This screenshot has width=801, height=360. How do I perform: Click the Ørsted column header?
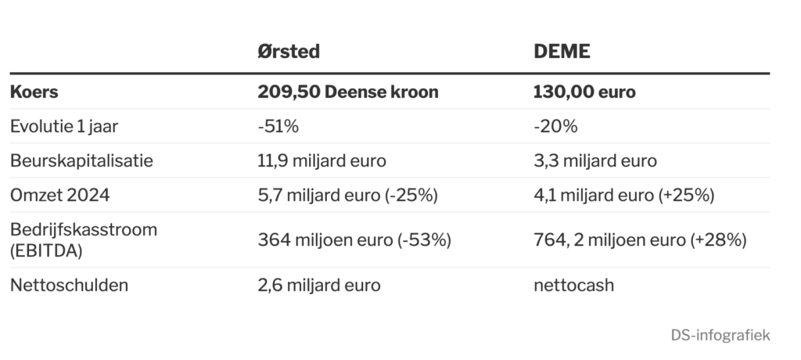point(289,52)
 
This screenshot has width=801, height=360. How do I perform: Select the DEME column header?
point(562,52)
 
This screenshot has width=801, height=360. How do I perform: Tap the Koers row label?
point(34,92)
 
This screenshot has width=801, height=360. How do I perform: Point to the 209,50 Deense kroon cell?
point(348,92)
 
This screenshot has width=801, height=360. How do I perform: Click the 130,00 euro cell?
point(584,92)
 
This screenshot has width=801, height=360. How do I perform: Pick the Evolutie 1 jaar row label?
point(64,126)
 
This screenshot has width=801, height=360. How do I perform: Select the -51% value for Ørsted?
point(278,126)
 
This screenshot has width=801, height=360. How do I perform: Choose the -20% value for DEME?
point(555,126)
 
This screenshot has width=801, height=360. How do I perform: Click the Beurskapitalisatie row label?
point(81,160)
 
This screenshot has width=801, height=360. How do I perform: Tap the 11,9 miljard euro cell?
point(321,160)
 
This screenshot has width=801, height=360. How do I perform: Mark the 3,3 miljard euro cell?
point(595,160)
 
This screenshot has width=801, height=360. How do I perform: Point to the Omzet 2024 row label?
point(59,195)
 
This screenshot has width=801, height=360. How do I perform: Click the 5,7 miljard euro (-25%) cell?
point(347,195)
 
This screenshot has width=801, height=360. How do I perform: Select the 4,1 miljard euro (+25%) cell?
point(623,195)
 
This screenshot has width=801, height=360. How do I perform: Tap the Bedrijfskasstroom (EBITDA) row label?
point(84,239)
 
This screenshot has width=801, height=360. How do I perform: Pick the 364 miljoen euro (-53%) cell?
point(354,239)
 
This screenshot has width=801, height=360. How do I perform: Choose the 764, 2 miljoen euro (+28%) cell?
point(640,239)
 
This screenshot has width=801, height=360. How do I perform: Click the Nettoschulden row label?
point(69,285)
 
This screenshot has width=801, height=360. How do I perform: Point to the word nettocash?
point(573,285)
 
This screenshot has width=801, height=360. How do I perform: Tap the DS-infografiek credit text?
point(720,336)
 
